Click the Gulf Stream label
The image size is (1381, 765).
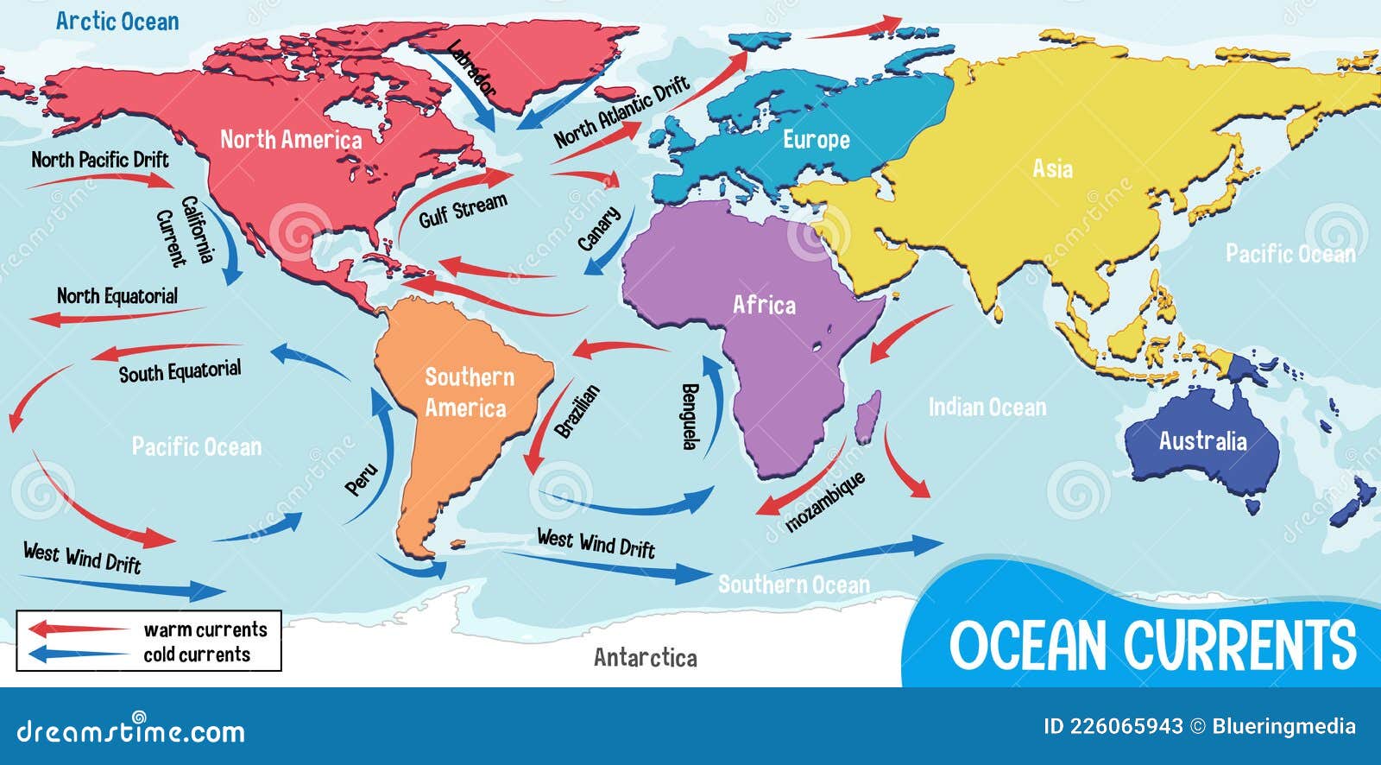coord(463,211)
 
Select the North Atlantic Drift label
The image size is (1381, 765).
coord(621,111)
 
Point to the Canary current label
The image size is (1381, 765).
coord(599,229)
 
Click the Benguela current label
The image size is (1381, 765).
coord(689,416)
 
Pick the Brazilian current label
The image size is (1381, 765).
coord(577,411)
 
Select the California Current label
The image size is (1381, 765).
coord(185,231)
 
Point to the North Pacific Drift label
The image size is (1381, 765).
coord(100,160)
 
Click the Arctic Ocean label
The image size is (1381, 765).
coord(117,22)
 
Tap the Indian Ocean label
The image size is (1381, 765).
coord(987,407)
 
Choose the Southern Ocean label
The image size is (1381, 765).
coord(793,585)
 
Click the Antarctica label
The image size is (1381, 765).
coord(645,658)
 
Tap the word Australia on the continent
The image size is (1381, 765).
coord(1202,441)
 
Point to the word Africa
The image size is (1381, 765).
coord(764,305)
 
